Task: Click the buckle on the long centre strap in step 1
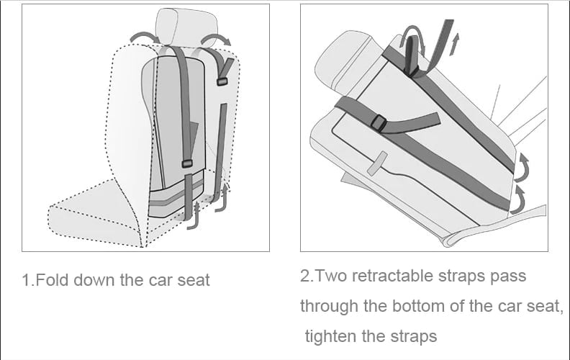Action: (x=187, y=164)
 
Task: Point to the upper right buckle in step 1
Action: (x=222, y=81)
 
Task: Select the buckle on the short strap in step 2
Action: (x=379, y=125)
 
